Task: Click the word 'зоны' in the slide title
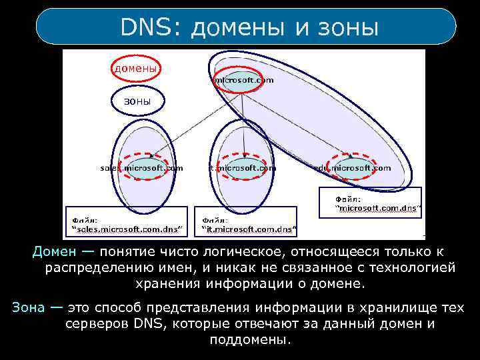[x=349, y=27]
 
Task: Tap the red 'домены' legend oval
[x=135, y=68]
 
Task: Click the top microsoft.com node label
[x=243, y=80]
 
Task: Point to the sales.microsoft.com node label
[x=141, y=168]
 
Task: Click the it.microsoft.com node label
[x=242, y=168]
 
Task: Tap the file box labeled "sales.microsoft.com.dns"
[x=127, y=225]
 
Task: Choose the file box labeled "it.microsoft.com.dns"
[x=249, y=225]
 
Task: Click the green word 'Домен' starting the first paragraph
[x=50, y=251]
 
